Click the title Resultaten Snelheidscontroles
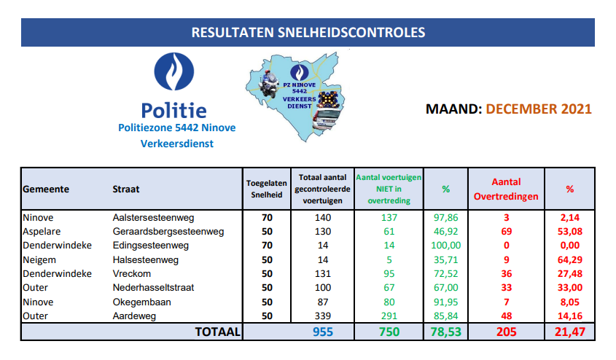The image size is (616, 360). pyautogui.click(x=308, y=33)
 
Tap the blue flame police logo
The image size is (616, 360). pyautogui.click(x=174, y=72)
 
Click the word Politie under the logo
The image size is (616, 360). pyautogui.click(x=174, y=110)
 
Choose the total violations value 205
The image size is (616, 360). pyautogui.click(x=506, y=332)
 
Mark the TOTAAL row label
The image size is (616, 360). pyautogui.click(x=217, y=332)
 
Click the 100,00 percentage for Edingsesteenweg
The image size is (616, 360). pyautogui.click(x=445, y=245)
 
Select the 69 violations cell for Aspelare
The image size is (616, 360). pyautogui.click(x=506, y=231)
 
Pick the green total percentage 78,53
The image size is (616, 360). pyautogui.click(x=445, y=332)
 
